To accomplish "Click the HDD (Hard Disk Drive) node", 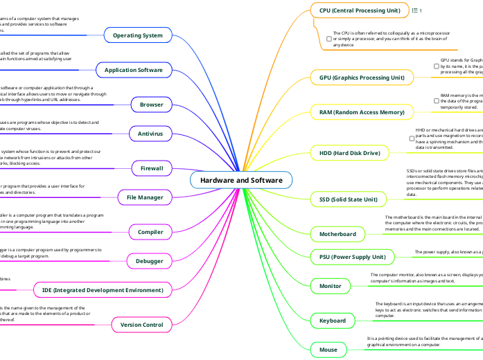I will (349, 153).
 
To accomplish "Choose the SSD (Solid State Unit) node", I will (348, 200).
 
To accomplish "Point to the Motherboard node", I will (337, 234).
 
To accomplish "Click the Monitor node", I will (330, 285).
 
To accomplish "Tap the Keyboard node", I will (333, 321).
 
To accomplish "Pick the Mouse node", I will (328, 350).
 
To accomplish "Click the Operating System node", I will (137, 35).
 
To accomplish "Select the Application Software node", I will (133, 71).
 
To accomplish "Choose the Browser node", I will (152, 105).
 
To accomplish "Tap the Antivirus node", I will (150, 132).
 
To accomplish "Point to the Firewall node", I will (152, 168).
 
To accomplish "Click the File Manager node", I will (144, 198).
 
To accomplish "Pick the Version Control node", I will (141, 325).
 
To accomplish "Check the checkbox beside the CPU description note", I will (328, 39).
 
